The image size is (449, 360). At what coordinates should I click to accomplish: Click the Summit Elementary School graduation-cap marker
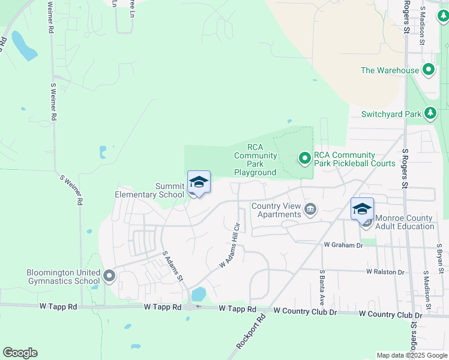(x=199, y=182)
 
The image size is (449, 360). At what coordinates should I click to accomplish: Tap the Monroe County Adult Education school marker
(x=362, y=209)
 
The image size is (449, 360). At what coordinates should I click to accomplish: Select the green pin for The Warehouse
(x=429, y=70)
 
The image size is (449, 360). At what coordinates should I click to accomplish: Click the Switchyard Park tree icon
(x=430, y=113)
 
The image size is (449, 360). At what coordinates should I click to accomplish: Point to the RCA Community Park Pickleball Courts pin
(x=305, y=158)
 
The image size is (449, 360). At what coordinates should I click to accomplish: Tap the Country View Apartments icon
(x=310, y=209)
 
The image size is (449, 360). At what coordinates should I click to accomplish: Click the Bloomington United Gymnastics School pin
(x=109, y=276)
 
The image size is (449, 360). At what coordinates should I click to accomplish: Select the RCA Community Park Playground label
(x=255, y=160)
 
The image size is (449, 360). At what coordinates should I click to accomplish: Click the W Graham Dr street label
(x=343, y=245)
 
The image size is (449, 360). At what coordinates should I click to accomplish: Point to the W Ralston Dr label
(x=385, y=272)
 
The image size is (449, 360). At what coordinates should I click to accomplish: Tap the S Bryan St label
(x=439, y=256)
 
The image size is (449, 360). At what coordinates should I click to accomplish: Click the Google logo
(x=20, y=353)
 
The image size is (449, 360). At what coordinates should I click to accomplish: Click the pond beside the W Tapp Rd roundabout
(x=198, y=295)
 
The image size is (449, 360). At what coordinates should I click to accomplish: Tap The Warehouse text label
(x=390, y=70)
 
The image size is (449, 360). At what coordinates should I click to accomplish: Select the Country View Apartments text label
(x=276, y=210)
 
